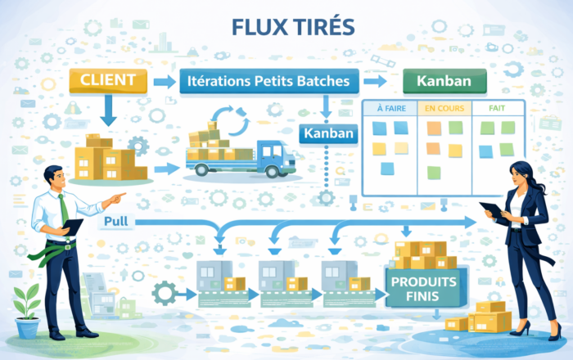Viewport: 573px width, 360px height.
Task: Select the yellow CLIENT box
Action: (x=109, y=80)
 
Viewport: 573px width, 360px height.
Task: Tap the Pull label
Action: (x=120, y=223)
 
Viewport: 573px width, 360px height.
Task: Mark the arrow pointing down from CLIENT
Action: (x=110, y=109)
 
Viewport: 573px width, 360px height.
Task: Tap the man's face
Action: (x=55, y=179)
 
